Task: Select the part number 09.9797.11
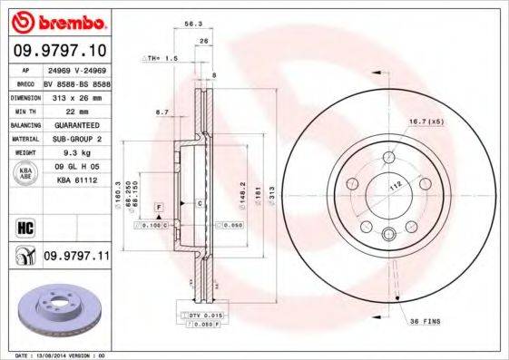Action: [x=76, y=258]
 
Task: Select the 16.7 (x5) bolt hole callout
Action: [x=424, y=120]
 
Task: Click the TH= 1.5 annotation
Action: [x=162, y=57]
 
